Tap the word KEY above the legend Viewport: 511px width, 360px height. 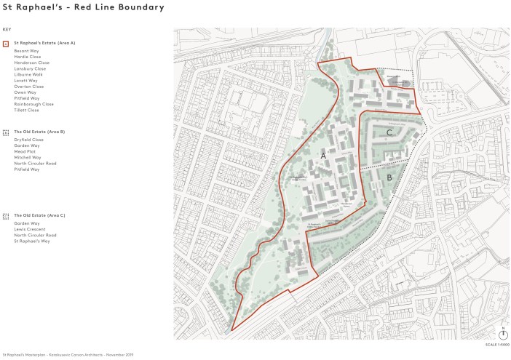point(7,29)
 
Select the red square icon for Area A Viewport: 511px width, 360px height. point(7,44)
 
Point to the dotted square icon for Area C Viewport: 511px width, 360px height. point(7,216)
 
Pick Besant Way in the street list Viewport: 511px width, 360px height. point(26,52)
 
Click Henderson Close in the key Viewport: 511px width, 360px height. point(31,63)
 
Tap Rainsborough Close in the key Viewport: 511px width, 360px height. point(33,104)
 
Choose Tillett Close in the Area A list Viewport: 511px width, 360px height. point(27,110)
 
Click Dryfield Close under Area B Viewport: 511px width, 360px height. point(28,140)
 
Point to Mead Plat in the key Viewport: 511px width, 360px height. point(25,151)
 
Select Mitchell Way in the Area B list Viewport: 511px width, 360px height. point(28,157)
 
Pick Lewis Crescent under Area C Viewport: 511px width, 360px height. point(29,230)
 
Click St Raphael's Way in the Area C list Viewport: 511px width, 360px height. point(31,241)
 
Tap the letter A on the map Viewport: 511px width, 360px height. point(323,156)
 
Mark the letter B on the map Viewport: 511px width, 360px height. point(389,177)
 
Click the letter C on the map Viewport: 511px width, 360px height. point(389,133)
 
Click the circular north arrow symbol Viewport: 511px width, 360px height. point(502,335)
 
